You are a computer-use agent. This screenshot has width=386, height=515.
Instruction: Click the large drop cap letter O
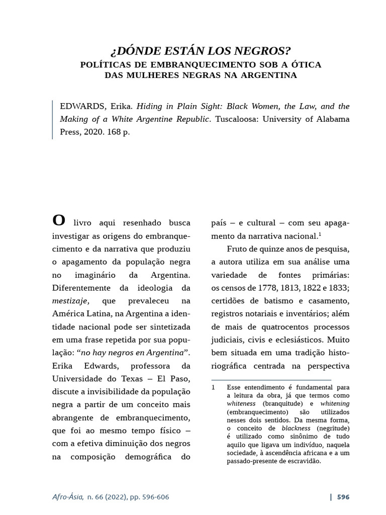tap(59, 221)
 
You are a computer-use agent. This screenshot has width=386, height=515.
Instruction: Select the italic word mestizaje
tap(71, 301)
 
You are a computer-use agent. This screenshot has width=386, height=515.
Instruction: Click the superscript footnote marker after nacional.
tap(320, 233)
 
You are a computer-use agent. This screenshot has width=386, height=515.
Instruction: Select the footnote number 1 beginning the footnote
tap(213, 388)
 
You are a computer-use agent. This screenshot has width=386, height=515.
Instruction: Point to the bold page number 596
tap(343, 497)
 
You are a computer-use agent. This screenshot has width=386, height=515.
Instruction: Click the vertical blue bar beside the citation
tap(53, 120)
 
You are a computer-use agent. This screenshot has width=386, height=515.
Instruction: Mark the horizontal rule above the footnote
tap(271, 380)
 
